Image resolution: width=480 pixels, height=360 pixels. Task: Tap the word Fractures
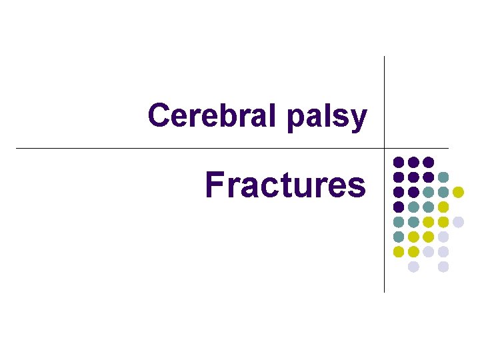tap(285, 185)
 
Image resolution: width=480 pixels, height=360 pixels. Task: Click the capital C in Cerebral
tap(159, 115)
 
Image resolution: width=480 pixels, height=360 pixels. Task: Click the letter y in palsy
tap(359, 119)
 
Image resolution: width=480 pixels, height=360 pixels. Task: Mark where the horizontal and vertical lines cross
tap(385, 148)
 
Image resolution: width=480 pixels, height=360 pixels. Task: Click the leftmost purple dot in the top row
tap(399, 162)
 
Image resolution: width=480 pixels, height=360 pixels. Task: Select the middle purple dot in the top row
tap(413, 162)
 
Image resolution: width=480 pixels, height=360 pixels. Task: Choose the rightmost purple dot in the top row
tap(429, 162)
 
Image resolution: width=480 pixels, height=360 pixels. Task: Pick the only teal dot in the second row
tap(443, 177)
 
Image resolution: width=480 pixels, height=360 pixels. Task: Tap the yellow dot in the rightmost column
tap(458, 192)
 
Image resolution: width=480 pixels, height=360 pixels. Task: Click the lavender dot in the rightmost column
tap(458, 222)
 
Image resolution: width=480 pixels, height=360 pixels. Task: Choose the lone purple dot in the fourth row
tap(399, 207)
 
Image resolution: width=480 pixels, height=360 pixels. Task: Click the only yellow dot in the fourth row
tap(443, 207)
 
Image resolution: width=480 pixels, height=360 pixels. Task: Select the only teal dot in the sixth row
tap(399, 237)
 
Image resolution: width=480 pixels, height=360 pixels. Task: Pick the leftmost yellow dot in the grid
tap(399, 252)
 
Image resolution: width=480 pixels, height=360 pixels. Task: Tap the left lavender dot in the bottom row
tap(413, 267)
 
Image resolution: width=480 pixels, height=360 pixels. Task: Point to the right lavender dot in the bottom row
tap(443, 267)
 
